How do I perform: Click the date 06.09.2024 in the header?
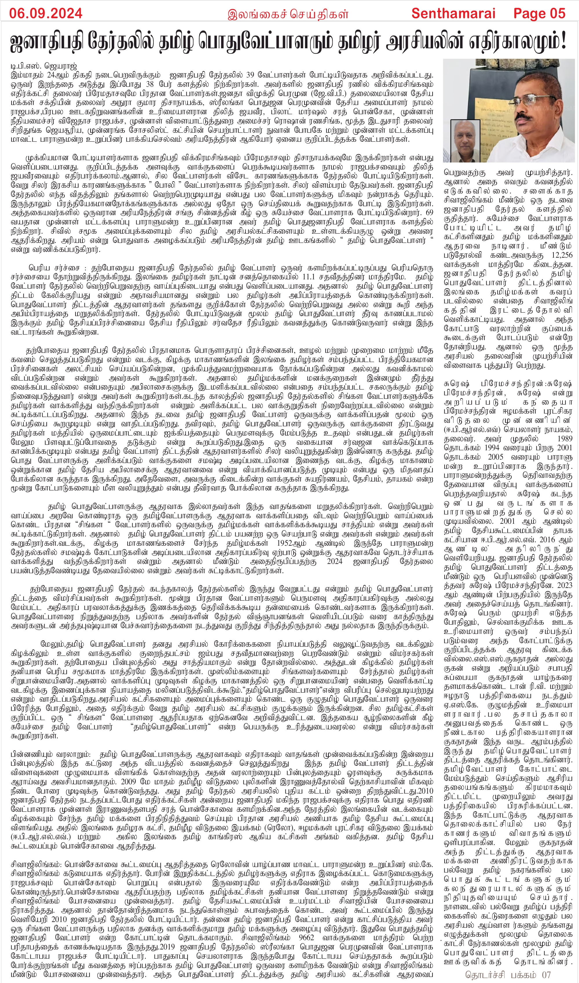point(46,13)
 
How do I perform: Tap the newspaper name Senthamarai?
point(453,13)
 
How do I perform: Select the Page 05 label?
point(539,13)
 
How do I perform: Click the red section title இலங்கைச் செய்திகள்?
point(288,14)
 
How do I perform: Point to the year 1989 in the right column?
point(562,438)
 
